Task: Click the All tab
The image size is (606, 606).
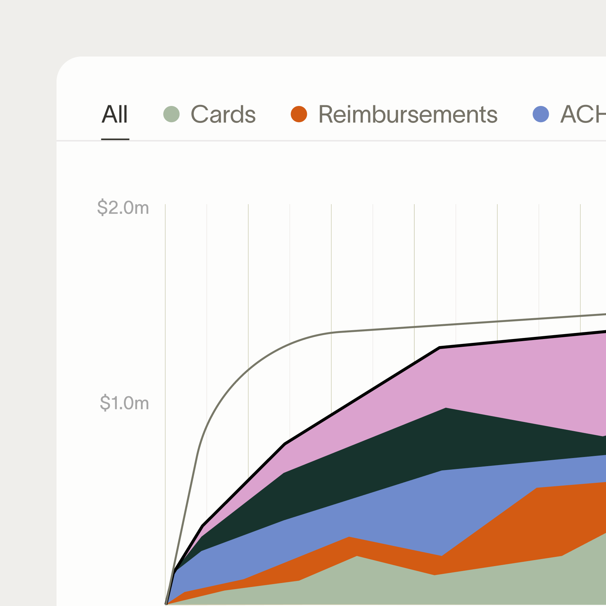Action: point(115,115)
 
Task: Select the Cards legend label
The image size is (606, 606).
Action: point(223,115)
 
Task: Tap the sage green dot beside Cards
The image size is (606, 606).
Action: point(172,114)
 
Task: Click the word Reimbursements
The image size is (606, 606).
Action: point(408,115)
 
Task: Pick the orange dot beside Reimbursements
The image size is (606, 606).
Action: point(299,114)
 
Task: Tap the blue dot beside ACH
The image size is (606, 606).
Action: point(541,114)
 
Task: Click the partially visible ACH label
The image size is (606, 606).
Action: point(583,115)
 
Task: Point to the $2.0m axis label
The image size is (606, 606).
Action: point(123,208)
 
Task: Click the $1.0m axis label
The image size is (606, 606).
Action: point(124,403)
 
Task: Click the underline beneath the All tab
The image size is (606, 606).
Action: point(115,139)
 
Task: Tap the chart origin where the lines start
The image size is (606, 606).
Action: point(166,604)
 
